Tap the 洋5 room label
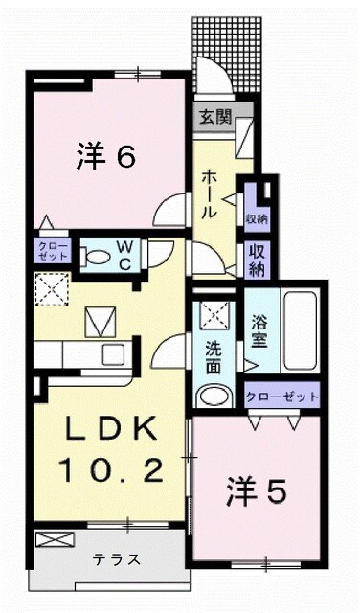pos(257,493)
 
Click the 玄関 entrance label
pos(214,118)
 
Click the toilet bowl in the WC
pos(96,256)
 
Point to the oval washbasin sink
pos(214,396)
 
